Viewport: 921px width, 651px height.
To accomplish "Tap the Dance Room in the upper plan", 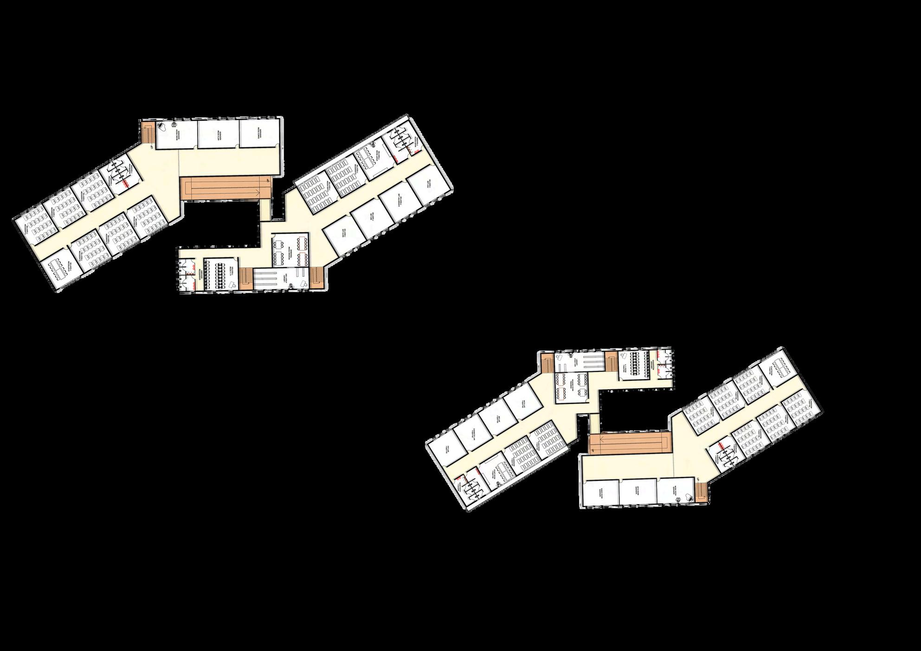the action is point(260,134).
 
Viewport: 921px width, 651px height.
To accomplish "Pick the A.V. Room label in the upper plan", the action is point(231,272).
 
